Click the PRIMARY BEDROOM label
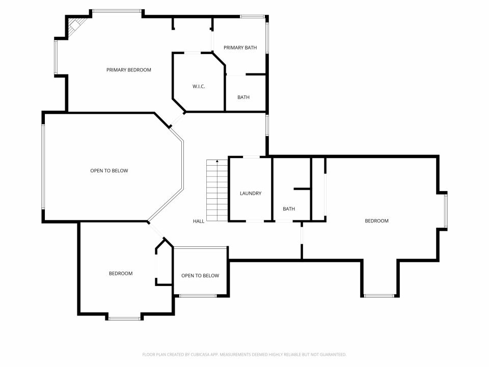pos(128,70)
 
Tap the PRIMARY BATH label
pos(240,48)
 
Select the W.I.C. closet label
pos(199,87)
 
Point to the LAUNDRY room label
pos(251,194)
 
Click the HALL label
pos(198,221)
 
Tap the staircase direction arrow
pos(218,161)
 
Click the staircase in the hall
pos(217,191)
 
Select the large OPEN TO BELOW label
pos(109,171)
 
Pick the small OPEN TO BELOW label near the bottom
pos(200,276)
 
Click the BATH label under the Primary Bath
pos(243,97)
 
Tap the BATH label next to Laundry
pos(289,209)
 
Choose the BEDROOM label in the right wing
pos(377,221)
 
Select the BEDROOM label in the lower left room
pos(121,274)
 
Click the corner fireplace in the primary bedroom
pos(76,25)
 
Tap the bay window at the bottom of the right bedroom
pos(379,296)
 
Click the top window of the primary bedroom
pos(117,11)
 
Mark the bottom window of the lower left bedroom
pos(124,319)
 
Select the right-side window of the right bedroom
pos(446,211)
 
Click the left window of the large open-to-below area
pos(43,167)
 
